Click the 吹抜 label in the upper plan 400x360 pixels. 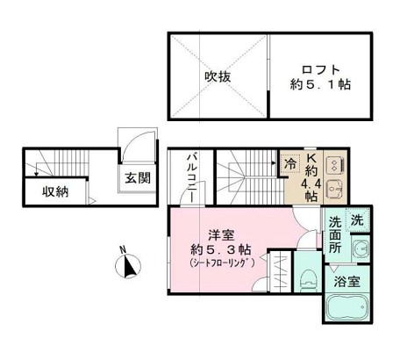click(x=218, y=76)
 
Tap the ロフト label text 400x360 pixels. click(x=320, y=70)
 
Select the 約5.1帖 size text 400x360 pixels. click(x=320, y=84)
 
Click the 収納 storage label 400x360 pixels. click(x=55, y=191)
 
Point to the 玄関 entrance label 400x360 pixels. click(x=138, y=177)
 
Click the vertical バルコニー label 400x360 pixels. click(x=192, y=177)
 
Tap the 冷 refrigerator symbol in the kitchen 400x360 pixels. click(x=290, y=164)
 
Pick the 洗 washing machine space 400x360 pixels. click(x=357, y=220)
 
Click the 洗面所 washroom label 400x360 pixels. click(x=335, y=235)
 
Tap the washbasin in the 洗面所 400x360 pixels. click(x=361, y=248)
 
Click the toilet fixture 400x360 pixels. click(x=307, y=280)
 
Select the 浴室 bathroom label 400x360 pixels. click(x=346, y=282)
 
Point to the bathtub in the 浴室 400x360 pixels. click(x=347, y=307)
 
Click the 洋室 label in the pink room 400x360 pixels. click(x=221, y=235)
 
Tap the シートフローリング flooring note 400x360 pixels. click(x=222, y=263)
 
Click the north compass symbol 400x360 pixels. click(x=128, y=266)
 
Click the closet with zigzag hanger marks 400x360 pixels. click(x=281, y=271)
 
